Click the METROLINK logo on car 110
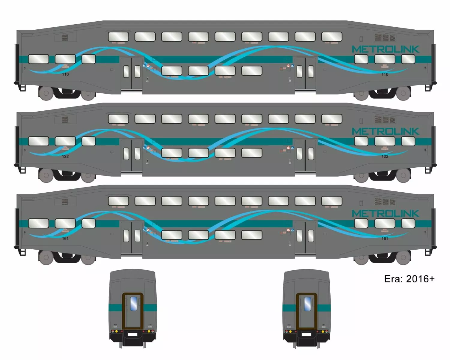coord(385,49)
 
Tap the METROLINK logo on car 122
coord(385,131)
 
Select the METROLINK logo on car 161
coord(385,214)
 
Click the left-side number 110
coord(65,74)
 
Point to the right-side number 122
coord(385,156)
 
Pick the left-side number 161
coord(65,238)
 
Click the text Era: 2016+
coord(409,279)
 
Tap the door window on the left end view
coord(133,303)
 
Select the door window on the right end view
coord(307,304)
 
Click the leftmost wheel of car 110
coord(46,93)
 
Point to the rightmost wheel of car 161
coord(403,257)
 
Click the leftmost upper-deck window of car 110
coord(118,37)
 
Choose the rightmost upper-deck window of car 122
coord(332,119)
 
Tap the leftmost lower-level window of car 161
coord(38,223)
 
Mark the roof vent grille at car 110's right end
coord(385,37)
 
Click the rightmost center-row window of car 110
coord(252,71)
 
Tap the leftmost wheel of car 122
coord(46,175)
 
